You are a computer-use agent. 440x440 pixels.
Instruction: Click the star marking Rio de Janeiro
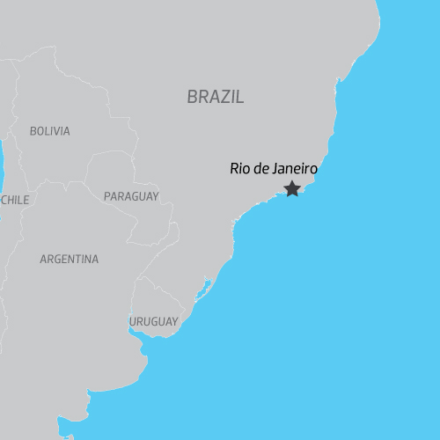[x=292, y=188]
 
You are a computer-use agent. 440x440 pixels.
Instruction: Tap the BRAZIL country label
[x=216, y=97]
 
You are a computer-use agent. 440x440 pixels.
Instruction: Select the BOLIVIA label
[x=49, y=131]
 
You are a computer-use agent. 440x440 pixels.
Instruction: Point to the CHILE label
[x=15, y=200]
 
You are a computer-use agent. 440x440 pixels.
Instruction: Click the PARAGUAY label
[x=131, y=196]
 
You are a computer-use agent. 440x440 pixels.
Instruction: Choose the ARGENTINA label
[x=70, y=260]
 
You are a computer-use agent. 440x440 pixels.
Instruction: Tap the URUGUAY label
[x=153, y=321]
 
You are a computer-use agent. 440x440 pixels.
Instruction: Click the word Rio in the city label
[x=238, y=168]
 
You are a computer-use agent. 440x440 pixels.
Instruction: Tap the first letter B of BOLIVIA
[x=33, y=131]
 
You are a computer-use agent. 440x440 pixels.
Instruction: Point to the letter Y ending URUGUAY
[x=174, y=321]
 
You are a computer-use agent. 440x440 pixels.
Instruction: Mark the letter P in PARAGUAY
[x=106, y=196]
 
